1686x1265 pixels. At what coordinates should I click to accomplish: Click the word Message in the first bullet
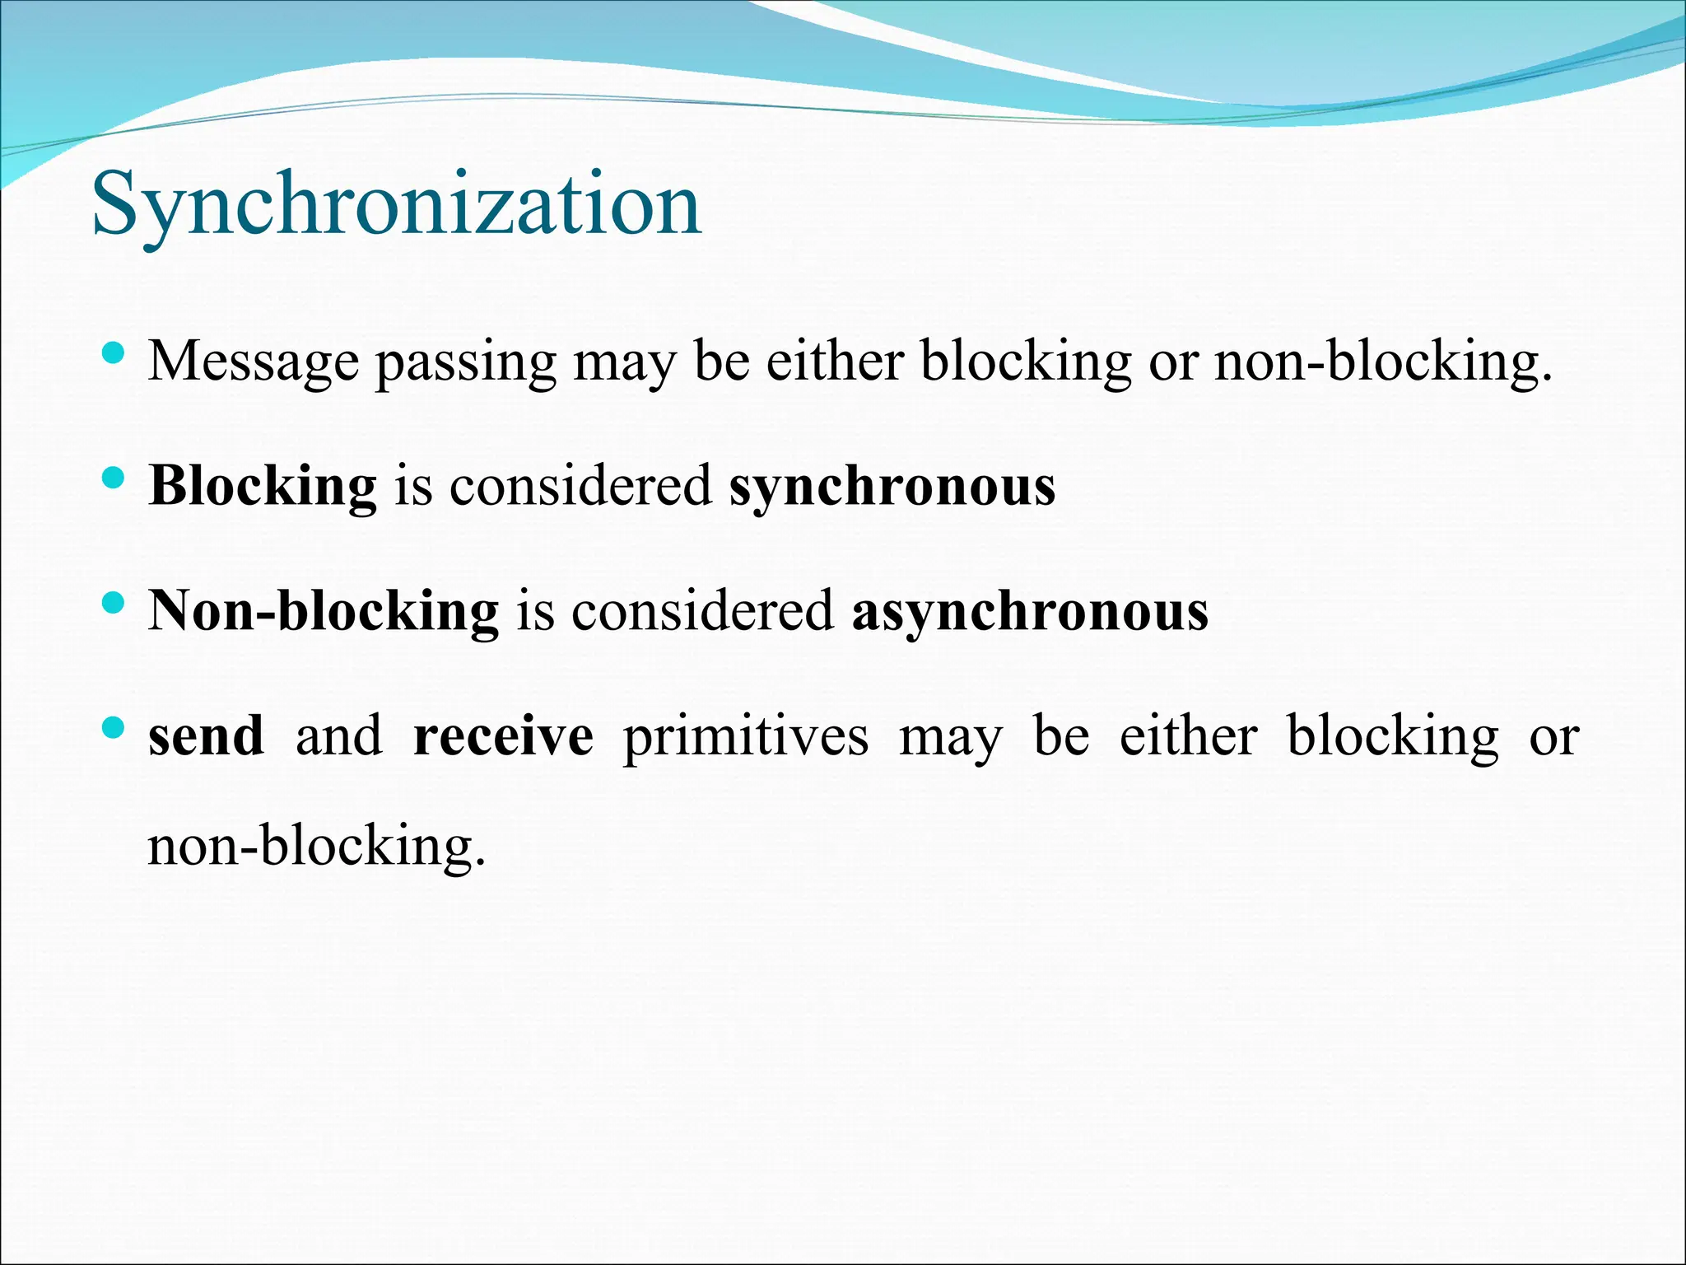pos(254,362)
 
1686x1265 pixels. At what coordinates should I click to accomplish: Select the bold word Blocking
pos(263,487)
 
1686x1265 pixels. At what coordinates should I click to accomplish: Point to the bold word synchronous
pos(892,487)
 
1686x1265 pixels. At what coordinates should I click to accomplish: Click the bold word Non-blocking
pos(324,612)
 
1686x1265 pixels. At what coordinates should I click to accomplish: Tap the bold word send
pos(206,736)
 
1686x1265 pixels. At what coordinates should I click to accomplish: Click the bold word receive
pos(503,736)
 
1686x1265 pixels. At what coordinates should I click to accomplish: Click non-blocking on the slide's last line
pos(315,846)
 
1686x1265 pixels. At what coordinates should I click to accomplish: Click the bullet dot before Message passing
pos(114,353)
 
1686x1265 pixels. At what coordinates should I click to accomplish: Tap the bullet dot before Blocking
pos(114,478)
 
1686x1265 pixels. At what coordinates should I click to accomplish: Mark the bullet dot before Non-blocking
pos(114,604)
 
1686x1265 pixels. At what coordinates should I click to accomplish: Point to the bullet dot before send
pos(114,728)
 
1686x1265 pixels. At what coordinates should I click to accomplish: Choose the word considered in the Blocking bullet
pos(580,487)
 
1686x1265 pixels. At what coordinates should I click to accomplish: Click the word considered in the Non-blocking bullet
pos(702,612)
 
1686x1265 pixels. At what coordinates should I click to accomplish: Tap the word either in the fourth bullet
pos(1188,736)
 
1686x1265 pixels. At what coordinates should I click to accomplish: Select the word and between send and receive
pos(339,736)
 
